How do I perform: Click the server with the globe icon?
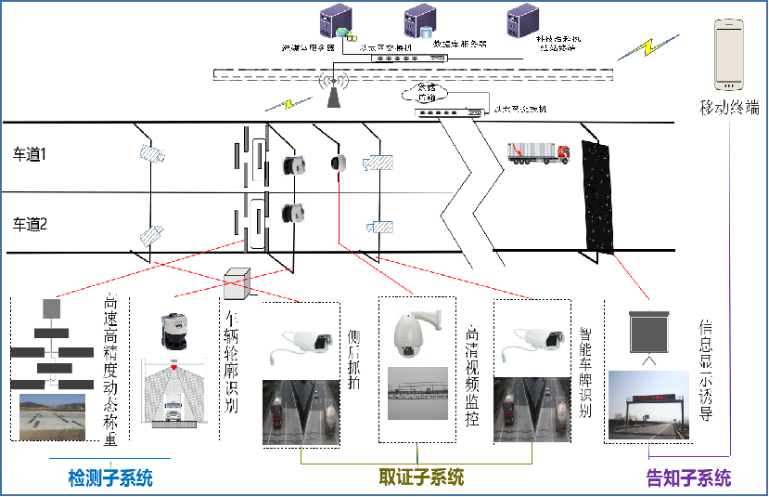click(334, 22)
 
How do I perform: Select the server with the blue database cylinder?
click(419, 21)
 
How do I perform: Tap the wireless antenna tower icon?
click(332, 89)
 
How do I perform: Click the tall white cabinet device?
click(729, 55)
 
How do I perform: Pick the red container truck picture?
click(537, 152)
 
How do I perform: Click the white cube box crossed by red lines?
click(237, 283)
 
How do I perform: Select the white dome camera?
click(417, 333)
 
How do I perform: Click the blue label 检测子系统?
click(110, 478)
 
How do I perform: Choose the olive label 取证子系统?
click(421, 477)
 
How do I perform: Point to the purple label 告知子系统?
click(688, 478)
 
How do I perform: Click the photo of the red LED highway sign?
click(648, 404)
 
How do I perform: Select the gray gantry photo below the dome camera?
click(417, 393)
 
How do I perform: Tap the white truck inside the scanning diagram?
click(173, 409)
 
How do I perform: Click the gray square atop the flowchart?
click(52, 307)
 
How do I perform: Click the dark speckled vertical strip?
click(598, 195)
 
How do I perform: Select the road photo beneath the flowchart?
click(52, 416)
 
